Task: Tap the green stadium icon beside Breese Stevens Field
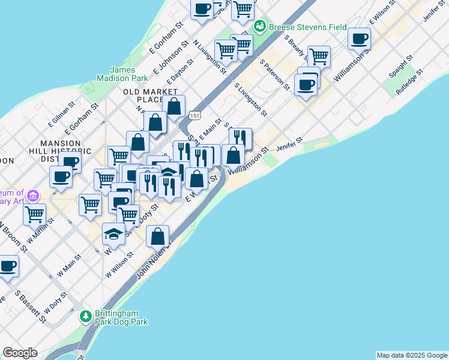pyautogui.click(x=260, y=26)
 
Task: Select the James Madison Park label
pyautogui.click(x=122, y=74)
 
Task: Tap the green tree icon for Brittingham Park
pyautogui.click(x=86, y=316)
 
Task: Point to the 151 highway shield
pyautogui.click(x=194, y=114)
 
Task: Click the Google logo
pyautogui.click(x=20, y=353)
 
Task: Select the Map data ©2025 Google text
pyautogui.click(x=411, y=355)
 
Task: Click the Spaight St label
pyautogui.click(x=400, y=67)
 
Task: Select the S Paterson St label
pyautogui.click(x=276, y=76)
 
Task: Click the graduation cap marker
pyautogui.click(x=113, y=233)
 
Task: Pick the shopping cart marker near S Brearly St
pyautogui.click(x=319, y=57)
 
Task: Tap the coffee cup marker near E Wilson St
pyautogui.click(x=360, y=39)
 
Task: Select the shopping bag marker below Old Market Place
pyautogui.click(x=173, y=107)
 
